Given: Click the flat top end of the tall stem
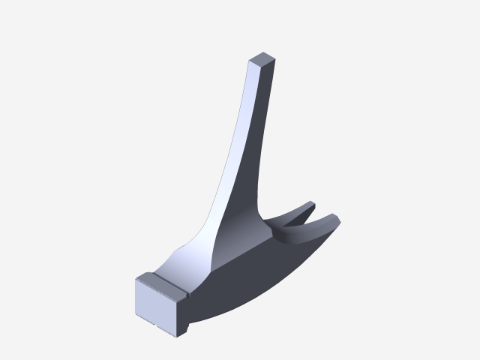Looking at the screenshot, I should click(x=262, y=59).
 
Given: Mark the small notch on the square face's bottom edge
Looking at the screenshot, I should click(x=153, y=325).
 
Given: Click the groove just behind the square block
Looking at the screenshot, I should click(x=187, y=297).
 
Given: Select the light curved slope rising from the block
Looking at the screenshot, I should click(x=191, y=255).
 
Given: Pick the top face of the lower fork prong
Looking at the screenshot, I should click(x=315, y=229).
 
